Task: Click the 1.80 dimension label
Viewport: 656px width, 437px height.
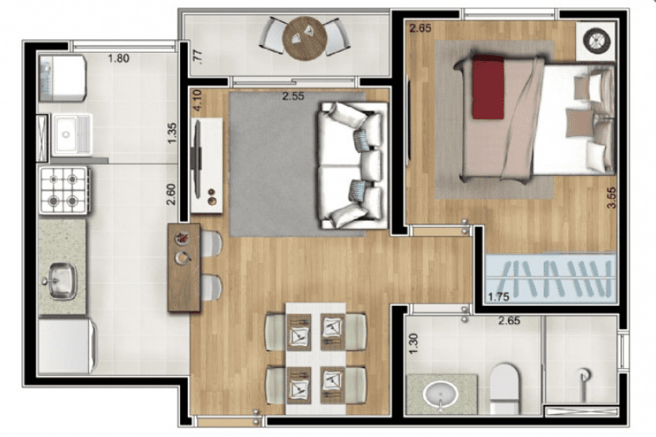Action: [x=118, y=58]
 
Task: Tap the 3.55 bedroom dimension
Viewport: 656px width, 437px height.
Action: [x=612, y=197]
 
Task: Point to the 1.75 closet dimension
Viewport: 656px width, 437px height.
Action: [x=498, y=297]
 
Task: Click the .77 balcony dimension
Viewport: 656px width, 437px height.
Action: [x=198, y=57]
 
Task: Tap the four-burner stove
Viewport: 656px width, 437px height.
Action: [x=64, y=190]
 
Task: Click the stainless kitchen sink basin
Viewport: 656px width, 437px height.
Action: [x=61, y=281]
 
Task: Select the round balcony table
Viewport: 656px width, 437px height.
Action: [x=304, y=38]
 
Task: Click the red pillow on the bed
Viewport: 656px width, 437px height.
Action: [x=488, y=87]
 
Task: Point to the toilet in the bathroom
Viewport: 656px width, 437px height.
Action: [x=504, y=388]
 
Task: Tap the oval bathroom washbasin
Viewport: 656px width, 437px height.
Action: [x=440, y=394]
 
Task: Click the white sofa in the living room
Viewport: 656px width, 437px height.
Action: [x=353, y=165]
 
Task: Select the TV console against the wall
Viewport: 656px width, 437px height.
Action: [x=206, y=165]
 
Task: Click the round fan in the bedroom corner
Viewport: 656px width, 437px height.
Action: [x=597, y=41]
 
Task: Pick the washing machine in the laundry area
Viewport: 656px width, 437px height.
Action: [x=63, y=79]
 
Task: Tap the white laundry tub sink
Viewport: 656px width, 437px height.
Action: [x=71, y=134]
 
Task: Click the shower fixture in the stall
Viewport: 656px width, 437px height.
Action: [x=584, y=379]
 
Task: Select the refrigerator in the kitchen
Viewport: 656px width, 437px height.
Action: [x=67, y=347]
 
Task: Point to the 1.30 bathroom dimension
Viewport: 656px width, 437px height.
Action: [x=413, y=343]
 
